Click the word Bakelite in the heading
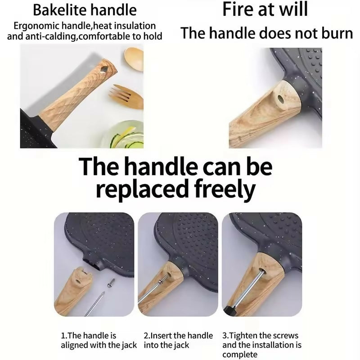pos(60,10)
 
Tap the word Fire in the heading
pos(238,9)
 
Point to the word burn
pos(337,33)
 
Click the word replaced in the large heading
pos(143,189)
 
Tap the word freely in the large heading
pos(225,189)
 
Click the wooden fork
pos(127,97)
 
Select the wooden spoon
pos(134,59)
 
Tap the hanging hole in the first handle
pos(104,69)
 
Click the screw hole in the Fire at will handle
pos(280,99)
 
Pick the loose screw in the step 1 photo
pos(111,283)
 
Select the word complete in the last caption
pos(240,355)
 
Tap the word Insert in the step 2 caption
pos(161,336)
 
